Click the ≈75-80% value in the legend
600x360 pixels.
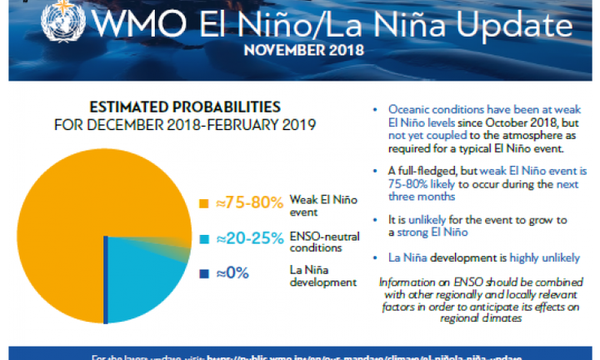coord(249,203)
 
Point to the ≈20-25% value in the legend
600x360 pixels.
coord(249,238)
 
